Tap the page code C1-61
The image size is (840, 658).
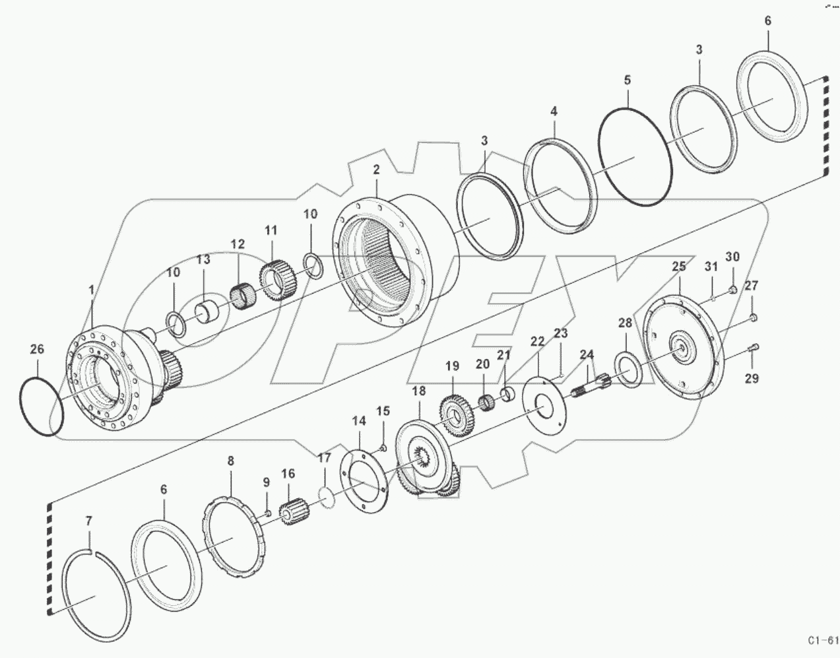point(822,640)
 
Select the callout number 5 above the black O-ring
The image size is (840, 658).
point(627,81)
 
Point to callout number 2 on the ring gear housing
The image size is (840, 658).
point(376,170)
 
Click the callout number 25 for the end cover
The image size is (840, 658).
point(679,267)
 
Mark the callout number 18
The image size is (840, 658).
point(419,391)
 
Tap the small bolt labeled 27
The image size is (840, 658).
point(754,319)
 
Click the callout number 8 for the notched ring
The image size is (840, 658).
point(230,461)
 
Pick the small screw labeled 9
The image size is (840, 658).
point(267,512)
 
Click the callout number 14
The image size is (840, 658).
point(358,421)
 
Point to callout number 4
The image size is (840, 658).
point(554,112)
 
